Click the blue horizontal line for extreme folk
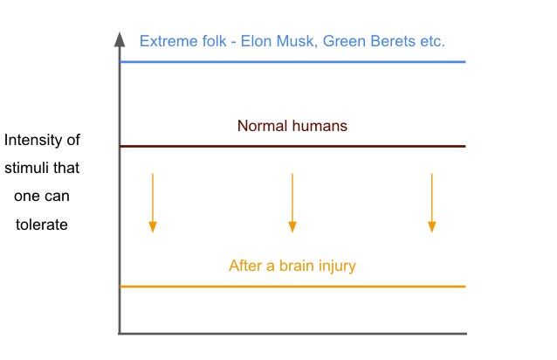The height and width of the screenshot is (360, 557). point(292,62)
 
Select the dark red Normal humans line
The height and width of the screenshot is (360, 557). point(292,146)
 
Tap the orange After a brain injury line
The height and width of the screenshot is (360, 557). point(292,286)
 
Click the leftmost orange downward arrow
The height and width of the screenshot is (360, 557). point(153,203)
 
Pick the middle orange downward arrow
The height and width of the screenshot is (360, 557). point(292,203)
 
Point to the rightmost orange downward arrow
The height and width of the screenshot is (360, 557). point(431,203)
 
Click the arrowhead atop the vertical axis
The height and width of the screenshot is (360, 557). point(119,38)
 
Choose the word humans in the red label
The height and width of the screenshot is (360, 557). point(320,126)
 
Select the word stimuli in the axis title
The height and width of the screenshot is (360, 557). point(35,168)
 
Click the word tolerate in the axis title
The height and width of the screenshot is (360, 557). point(42,224)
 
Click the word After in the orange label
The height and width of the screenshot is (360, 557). point(245,266)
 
